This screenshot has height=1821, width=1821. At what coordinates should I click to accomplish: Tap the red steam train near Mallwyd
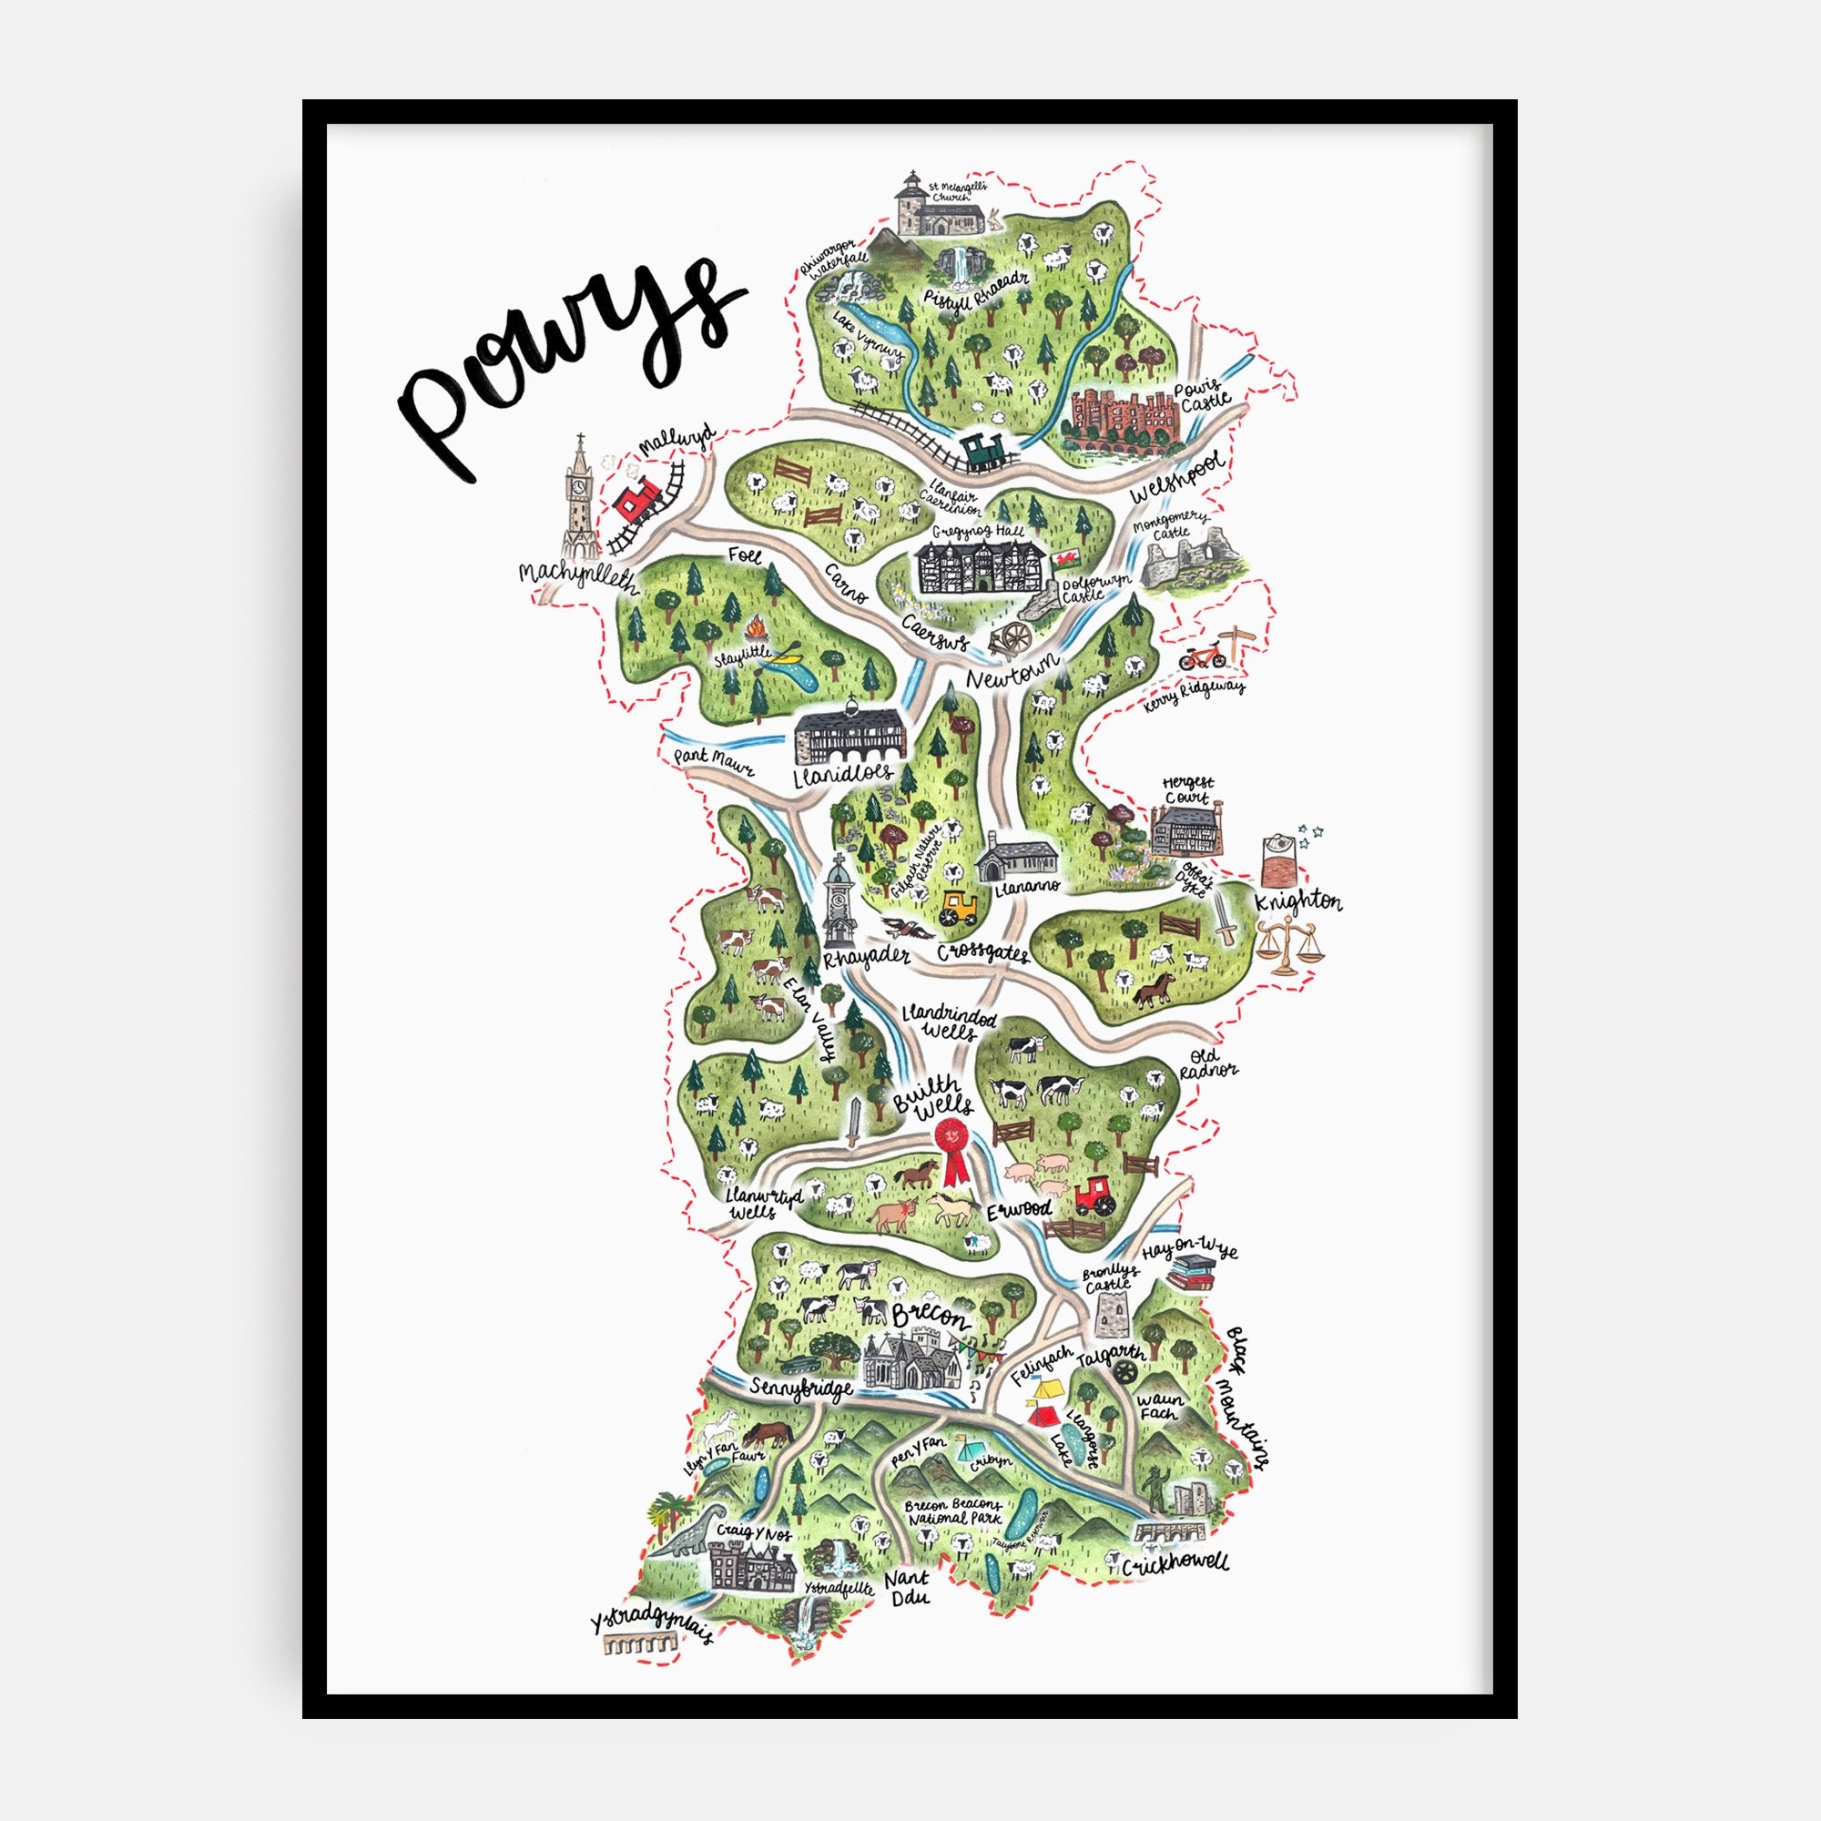(638, 500)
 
